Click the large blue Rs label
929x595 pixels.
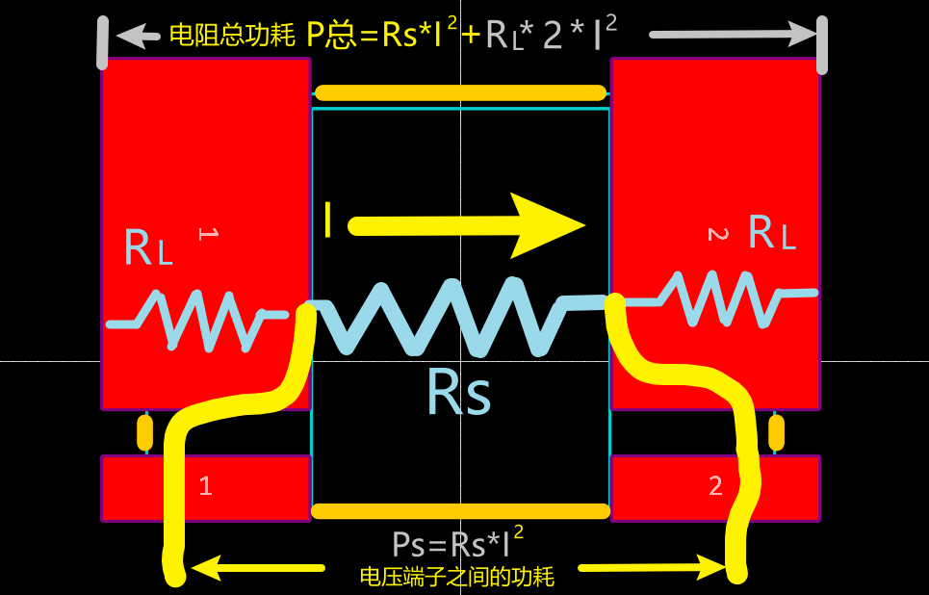pyautogui.click(x=459, y=393)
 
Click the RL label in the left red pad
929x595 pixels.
pyautogui.click(x=148, y=247)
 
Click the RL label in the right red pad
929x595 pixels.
pyautogui.click(x=772, y=232)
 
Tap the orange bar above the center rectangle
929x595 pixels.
pyautogui.click(x=461, y=93)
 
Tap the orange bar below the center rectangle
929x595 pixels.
pyautogui.click(x=461, y=511)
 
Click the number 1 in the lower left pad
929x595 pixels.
pyautogui.click(x=205, y=486)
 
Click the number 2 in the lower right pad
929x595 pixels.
pyautogui.click(x=715, y=486)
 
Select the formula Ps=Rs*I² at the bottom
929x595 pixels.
pyautogui.click(x=457, y=544)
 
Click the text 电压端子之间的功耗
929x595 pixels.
pyautogui.click(x=457, y=577)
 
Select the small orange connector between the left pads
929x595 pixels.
pyautogui.click(x=144, y=433)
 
